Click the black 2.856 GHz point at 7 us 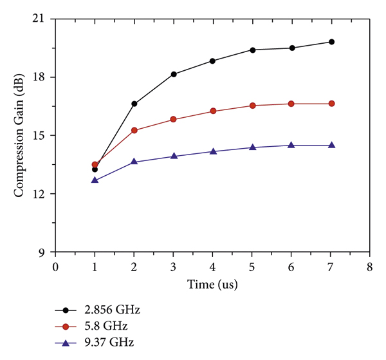[x=331, y=42]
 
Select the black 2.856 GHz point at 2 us [x=134, y=104]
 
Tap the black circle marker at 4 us [x=213, y=61]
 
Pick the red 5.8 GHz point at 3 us [x=174, y=119]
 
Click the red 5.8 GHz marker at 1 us [x=95, y=165]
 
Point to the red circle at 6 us [x=291, y=104]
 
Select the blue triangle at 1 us [x=95, y=180]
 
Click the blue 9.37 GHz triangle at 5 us [x=252, y=147]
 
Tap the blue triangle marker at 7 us [x=331, y=145]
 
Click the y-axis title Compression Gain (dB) [x=19, y=135]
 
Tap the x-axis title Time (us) [x=213, y=284]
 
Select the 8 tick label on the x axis [x=370, y=265]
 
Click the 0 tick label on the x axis [x=56, y=265]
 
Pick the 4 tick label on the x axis [x=213, y=265]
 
